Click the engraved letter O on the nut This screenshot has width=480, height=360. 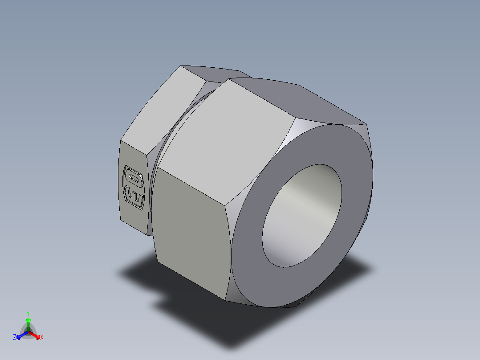133,178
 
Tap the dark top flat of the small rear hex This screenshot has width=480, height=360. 214,73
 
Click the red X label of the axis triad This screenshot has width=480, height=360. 42,338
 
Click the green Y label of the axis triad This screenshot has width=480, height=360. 28,313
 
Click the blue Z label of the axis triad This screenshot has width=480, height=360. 15,338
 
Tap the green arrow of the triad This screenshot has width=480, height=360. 28,322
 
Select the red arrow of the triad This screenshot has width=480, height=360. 35,335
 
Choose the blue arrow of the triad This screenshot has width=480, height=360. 21,335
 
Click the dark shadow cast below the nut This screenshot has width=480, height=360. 249,321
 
